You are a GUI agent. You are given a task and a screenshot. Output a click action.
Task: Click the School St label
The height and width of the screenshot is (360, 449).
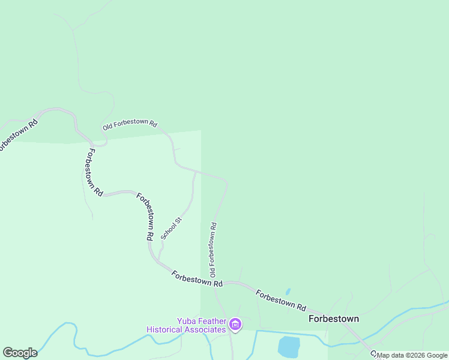pyautogui.click(x=171, y=229)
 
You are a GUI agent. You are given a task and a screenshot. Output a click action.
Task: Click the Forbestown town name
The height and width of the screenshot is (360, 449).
pyautogui.click(x=334, y=319)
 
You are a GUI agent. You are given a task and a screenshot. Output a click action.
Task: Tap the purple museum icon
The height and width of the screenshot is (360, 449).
pyautogui.click(x=235, y=325)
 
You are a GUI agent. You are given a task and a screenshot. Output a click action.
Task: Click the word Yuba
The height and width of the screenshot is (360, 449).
pyautogui.click(x=187, y=320)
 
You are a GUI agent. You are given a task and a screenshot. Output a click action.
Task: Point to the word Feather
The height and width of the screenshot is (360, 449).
pyautogui.click(x=214, y=320)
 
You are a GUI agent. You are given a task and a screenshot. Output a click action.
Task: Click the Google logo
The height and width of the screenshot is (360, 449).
pyautogui.click(x=20, y=353)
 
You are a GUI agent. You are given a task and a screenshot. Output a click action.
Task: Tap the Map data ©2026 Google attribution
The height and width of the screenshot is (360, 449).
pyautogui.click(x=412, y=355)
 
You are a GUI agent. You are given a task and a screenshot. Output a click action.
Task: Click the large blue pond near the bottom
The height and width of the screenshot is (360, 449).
pyautogui.click(x=289, y=346)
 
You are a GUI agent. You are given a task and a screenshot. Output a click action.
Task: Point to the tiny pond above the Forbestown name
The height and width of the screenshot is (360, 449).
pyautogui.click(x=288, y=292)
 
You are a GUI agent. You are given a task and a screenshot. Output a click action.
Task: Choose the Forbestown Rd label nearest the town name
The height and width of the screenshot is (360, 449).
pyautogui.click(x=281, y=299)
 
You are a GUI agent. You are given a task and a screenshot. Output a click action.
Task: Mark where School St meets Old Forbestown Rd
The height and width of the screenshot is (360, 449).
pyautogui.click(x=196, y=172)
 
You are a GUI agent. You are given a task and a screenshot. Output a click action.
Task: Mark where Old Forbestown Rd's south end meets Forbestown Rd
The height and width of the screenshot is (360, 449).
pyautogui.click(x=214, y=281)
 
